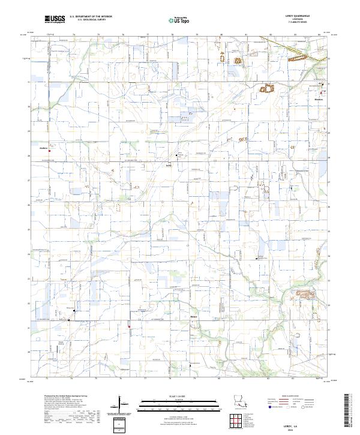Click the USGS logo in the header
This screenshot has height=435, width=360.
(x=55, y=20)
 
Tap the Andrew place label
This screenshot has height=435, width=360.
(x=43, y=147)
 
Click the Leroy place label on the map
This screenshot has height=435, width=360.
(x=169, y=166)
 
